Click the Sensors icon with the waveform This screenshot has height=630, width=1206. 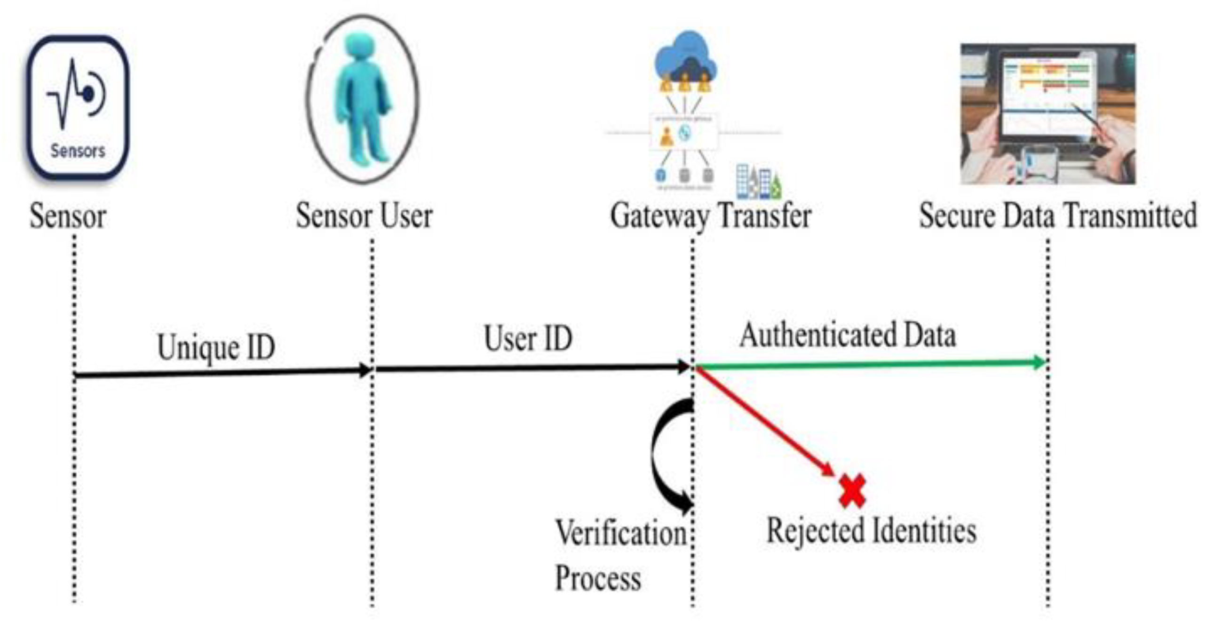pyautogui.click(x=78, y=107)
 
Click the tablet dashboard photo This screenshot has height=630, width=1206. pyautogui.click(x=1047, y=113)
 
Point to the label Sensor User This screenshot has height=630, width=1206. pyautogui.click(x=364, y=216)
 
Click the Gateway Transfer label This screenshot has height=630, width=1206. pyautogui.click(x=710, y=216)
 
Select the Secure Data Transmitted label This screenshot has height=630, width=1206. pyautogui.click(x=1058, y=216)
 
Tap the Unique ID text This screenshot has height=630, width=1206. pyautogui.click(x=216, y=348)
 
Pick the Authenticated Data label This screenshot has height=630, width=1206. pyautogui.click(x=848, y=336)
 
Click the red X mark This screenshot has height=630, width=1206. pyautogui.click(x=852, y=491)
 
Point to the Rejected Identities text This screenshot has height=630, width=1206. pyautogui.click(x=871, y=531)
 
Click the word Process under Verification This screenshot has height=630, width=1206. pyautogui.click(x=598, y=578)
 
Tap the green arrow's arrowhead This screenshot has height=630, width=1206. pyautogui.click(x=1039, y=362)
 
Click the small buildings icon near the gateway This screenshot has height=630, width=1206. pyautogui.click(x=757, y=182)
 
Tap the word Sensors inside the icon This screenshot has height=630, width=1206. pyautogui.click(x=78, y=151)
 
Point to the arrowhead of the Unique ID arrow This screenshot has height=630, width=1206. pyautogui.click(x=365, y=370)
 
